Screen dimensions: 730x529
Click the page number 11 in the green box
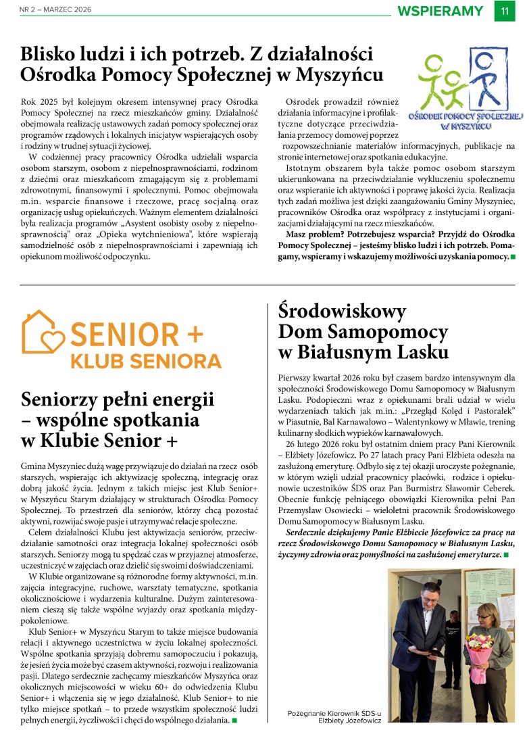pos(505,11)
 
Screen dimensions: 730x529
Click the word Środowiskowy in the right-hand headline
pos(343,312)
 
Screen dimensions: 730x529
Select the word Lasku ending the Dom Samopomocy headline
pos(417,352)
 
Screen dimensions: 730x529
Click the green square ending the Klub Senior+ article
pos(234,721)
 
